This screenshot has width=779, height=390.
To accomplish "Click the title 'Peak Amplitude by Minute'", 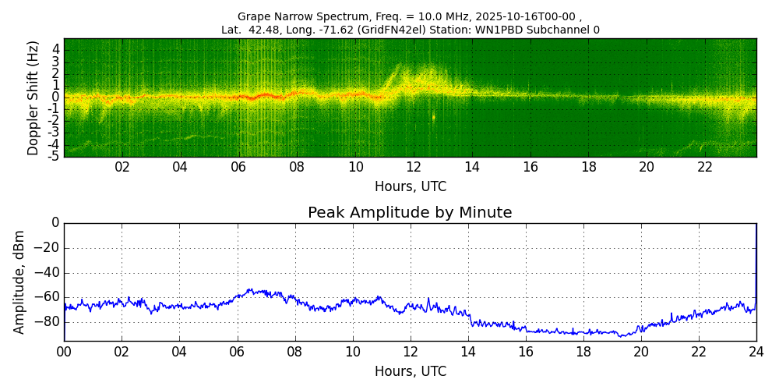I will (410, 213).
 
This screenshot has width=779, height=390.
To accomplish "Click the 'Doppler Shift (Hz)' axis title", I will (33, 98).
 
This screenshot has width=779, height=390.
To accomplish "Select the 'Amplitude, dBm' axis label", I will (19, 282).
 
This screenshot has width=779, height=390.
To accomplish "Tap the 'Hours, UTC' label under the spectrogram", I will (411, 187).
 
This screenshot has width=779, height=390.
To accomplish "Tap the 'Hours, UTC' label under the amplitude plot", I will (411, 372).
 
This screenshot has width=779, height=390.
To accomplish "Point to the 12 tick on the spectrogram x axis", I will (414, 167).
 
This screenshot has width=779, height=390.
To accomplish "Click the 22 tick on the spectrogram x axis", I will (705, 167).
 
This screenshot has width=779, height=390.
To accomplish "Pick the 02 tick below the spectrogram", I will (122, 167).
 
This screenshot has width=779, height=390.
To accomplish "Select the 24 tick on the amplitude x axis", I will (756, 352).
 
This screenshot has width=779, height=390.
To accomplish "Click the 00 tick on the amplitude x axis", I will (64, 352).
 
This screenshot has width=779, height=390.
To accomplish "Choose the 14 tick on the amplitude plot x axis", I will (468, 352).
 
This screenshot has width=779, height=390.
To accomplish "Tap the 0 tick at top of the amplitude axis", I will (55, 223).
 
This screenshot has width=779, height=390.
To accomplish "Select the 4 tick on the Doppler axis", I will (55, 49).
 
